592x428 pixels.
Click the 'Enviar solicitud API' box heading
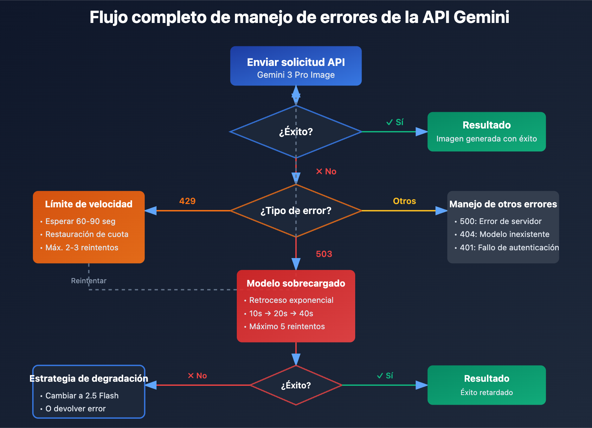(x=296, y=62)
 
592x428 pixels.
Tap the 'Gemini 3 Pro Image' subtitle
(x=296, y=75)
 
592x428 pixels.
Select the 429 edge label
(x=187, y=201)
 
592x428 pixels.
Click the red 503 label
(x=324, y=254)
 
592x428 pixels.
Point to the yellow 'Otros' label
(x=404, y=201)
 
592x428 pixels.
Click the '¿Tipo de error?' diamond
(x=296, y=211)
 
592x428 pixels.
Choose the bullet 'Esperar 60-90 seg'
(x=80, y=221)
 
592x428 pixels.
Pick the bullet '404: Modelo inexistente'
(x=504, y=234)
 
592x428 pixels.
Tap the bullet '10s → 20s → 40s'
(x=281, y=314)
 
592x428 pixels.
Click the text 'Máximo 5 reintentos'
(x=287, y=327)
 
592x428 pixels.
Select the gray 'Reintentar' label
(x=88, y=281)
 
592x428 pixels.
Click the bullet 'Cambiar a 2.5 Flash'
(x=82, y=396)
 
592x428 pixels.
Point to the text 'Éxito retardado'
(x=487, y=392)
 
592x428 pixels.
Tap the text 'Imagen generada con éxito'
(x=487, y=139)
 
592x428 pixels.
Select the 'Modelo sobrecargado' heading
(x=296, y=284)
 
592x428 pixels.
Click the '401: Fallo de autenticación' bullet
(x=509, y=248)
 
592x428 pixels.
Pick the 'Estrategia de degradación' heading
(x=89, y=379)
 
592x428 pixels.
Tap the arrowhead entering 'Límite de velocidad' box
(x=150, y=211)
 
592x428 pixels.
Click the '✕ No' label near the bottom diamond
(x=197, y=376)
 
